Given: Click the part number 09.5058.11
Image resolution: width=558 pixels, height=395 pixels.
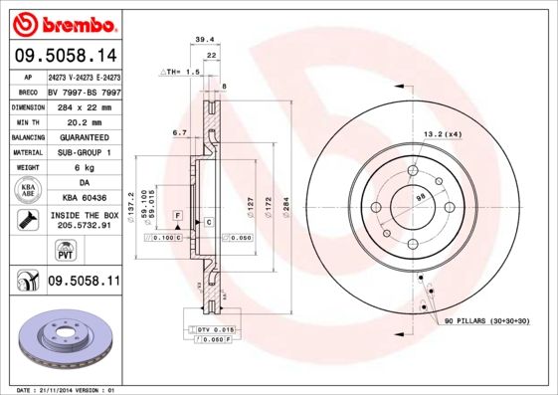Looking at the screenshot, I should [x=84, y=282].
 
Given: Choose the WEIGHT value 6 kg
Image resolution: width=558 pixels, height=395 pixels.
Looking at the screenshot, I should [x=84, y=169].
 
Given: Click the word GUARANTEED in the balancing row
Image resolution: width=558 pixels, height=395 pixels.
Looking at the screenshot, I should [x=84, y=137].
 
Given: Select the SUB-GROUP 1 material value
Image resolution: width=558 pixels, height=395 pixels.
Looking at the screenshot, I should [x=84, y=153].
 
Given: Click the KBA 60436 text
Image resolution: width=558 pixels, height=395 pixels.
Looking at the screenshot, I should [x=84, y=199].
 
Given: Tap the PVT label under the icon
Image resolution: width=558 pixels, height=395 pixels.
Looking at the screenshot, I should [x=29, y=255].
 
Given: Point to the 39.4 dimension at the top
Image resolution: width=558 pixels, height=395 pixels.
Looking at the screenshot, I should [x=205, y=41].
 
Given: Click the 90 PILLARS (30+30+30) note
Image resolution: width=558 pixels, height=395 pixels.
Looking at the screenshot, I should [x=486, y=322].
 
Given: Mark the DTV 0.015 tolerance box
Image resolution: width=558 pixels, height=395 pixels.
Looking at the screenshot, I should [x=214, y=329].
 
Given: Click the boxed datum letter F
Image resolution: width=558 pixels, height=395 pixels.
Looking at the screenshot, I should [x=177, y=215].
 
